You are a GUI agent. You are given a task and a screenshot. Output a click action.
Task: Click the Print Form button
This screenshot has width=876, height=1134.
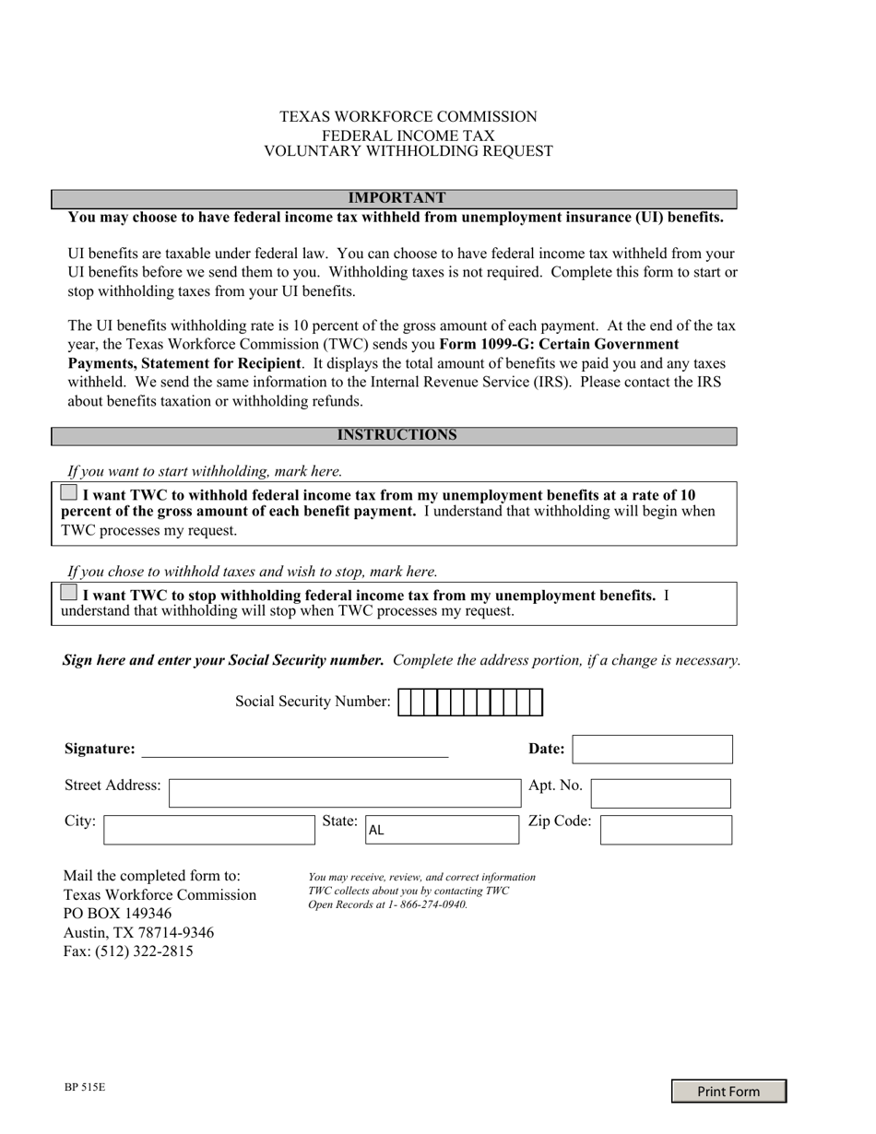pyautogui.click(x=728, y=1092)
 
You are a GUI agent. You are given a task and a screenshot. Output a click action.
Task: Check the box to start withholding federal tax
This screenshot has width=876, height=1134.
pyautogui.click(x=69, y=493)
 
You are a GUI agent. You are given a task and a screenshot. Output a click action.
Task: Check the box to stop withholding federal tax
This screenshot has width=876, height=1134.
pyautogui.click(x=69, y=594)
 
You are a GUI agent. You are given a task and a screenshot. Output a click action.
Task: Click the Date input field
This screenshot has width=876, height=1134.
pyautogui.click(x=653, y=750)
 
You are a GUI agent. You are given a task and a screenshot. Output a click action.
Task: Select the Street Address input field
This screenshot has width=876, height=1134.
pyautogui.click(x=346, y=793)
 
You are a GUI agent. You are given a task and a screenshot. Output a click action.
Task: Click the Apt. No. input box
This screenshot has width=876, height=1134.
pyautogui.click(x=660, y=793)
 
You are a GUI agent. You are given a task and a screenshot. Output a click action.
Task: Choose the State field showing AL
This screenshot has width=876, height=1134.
pyautogui.click(x=442, y=829)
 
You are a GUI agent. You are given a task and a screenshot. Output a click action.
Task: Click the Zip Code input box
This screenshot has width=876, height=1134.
pyautogui.click(x=666, y=829)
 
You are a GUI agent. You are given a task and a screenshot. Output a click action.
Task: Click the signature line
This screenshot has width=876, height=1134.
pyautogui.click(x=295, y=750)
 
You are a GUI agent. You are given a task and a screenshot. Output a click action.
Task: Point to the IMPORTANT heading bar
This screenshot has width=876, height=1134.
pyautogui.click(x=395, y=199)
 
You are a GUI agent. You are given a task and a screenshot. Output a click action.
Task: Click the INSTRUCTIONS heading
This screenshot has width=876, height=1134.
pyautogui.click(x=396, y=436)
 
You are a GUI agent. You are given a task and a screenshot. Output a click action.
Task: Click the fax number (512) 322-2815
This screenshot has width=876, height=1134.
pyautogui.click(x=144, y=951)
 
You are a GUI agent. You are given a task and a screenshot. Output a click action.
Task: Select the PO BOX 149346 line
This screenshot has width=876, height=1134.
pyautogui.click(x=117, y=914)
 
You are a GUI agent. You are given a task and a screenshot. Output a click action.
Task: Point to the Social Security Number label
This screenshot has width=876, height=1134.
pyautogui.click(x=313, y=702)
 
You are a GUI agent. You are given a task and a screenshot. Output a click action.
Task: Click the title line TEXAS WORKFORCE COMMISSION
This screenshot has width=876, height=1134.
pyautogui.click(x=408, y=117)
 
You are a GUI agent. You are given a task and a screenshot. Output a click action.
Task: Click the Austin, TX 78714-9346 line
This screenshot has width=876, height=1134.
pyautogui.click(x=138, y=932)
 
